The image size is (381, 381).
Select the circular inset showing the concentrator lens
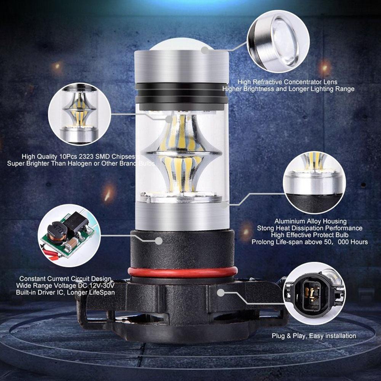tap(278, 42)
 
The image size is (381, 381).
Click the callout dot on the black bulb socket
tap(158, 241)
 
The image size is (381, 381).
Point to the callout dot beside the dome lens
tap(205, 50)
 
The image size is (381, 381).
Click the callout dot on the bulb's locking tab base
tap(221, 293)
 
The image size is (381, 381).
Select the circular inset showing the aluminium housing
tap(314, 183)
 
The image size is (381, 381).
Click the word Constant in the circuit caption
tap(32, 279)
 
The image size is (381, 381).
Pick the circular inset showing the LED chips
tap(80, 114)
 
